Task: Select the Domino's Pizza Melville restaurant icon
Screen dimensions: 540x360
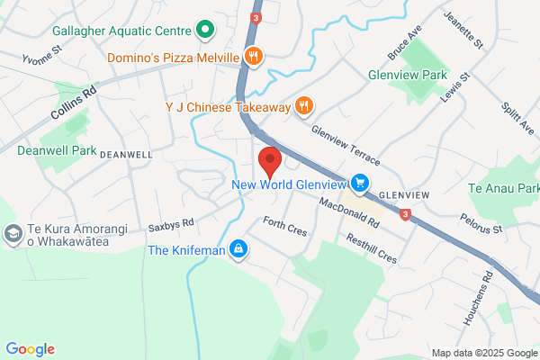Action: click(x=254, y=57)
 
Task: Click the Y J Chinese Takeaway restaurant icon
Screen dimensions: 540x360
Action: click(x=305, y=107)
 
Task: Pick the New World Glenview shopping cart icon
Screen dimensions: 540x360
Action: click(x=361, y=184)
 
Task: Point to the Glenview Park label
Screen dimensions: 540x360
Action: click(x=408, y=75)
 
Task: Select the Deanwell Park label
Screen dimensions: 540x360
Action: click(x=56, y=150)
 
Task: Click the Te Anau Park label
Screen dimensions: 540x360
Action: click(x=503, y=188)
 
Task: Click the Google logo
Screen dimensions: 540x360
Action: click(x=30, y=349)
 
